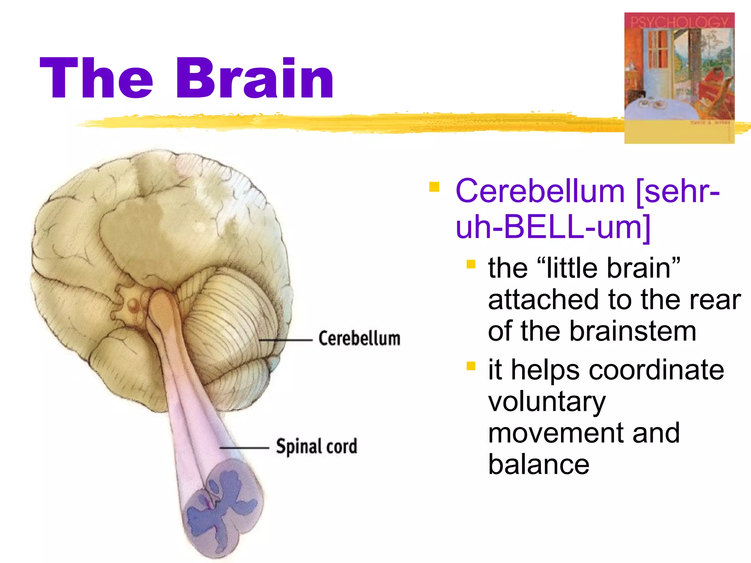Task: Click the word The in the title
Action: (x=96, y=78)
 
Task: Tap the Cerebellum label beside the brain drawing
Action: (x=359, y=338)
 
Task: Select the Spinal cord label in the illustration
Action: (x=316, y=446)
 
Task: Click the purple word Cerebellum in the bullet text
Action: (x=539, y=191)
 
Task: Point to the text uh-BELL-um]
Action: (x=553, y=227)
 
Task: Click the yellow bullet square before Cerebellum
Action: (x=434, y=187)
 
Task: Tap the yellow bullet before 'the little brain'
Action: (x=471, y=264)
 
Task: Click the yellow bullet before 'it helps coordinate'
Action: (x=471, y=366)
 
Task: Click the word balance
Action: (x=539, y=465)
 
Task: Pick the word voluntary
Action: (x=547, y=402)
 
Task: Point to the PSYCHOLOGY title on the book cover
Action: (x=679, y=22)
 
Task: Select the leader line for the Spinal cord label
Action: (x=244, y=448)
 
